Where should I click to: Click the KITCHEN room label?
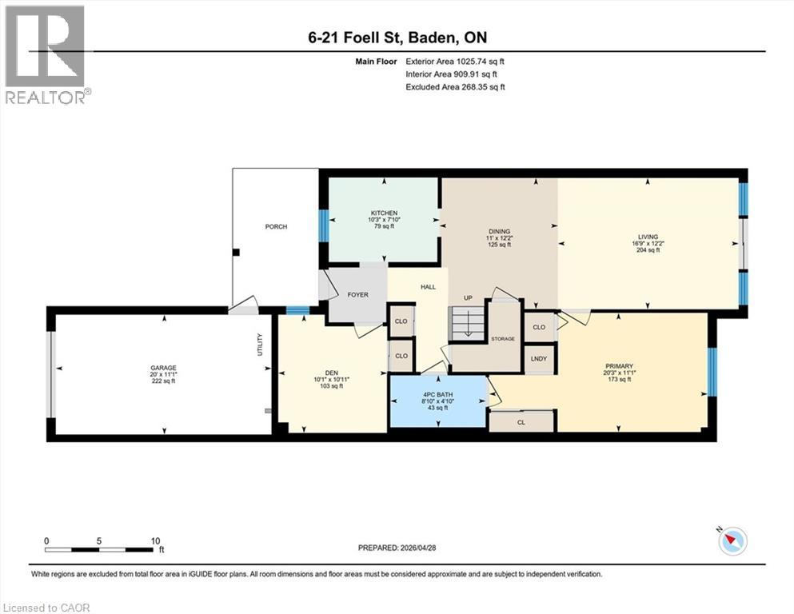[x=384, y=213]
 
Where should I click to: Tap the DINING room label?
[x=499, y=232]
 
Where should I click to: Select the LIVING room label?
[x=648, y=237]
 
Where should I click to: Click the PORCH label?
[x=276, y=227]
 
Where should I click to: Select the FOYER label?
[x=357, y=295]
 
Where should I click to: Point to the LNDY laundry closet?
[x=539, y=359]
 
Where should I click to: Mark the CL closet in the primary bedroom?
[x=521, y=421]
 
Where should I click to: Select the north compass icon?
[x=731, y=541]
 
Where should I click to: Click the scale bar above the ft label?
[x=100, y=549]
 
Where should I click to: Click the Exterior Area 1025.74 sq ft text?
[x=455, y=61]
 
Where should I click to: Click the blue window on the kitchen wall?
[x=324, y=226]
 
